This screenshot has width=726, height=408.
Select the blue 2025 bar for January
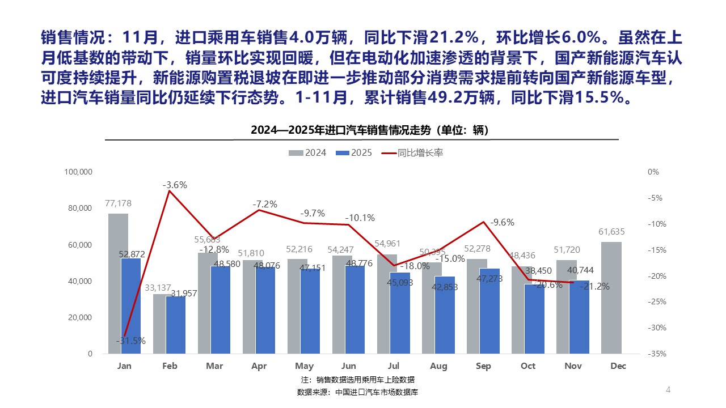point(131,306)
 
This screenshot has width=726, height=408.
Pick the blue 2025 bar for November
point(580,317)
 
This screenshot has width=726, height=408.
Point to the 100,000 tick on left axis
point(79,172)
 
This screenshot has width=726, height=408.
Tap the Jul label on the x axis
point(394,366)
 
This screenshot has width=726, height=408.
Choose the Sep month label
point(483,366)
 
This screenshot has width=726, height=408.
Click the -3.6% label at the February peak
point(175,185)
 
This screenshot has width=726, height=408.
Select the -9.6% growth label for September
point(502,222)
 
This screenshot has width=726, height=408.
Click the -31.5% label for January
point(131,341)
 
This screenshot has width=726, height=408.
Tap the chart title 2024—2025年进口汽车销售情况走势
point(369,130)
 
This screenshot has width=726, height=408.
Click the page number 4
point(668,389)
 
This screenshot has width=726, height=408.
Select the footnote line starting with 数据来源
point(357,392)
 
